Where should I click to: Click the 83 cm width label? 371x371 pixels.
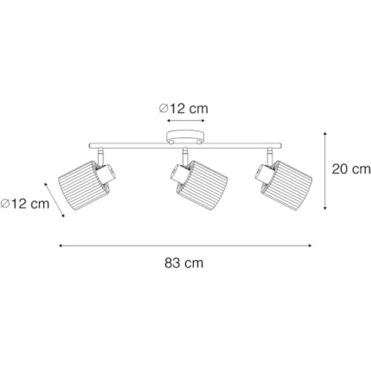point(184,263)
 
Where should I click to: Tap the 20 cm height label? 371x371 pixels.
point(351,169)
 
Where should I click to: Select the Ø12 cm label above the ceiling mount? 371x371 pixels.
point(183,108)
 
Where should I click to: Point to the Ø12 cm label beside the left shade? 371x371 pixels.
point(25,204)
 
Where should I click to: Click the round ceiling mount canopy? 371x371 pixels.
point(185,137)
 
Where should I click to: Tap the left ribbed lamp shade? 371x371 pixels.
point(83,185)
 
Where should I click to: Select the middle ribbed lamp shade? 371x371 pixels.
point(203,185)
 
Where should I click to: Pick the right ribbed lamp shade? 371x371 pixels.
point(287,185)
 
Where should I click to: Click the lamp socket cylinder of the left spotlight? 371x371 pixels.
point(106,174)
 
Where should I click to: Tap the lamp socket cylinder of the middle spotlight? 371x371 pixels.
point(180,173)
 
